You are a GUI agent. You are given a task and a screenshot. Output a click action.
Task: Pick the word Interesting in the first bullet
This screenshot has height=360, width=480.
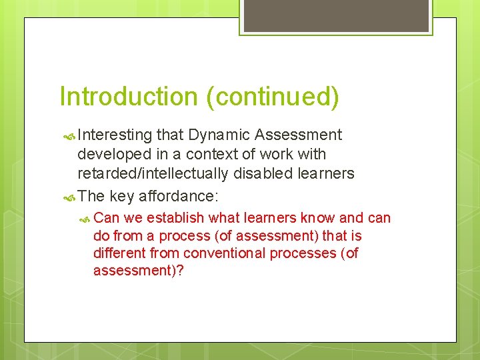(x=115, y=135)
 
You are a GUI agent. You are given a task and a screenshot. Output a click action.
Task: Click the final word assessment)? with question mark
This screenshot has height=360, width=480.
(x=138, y=271)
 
